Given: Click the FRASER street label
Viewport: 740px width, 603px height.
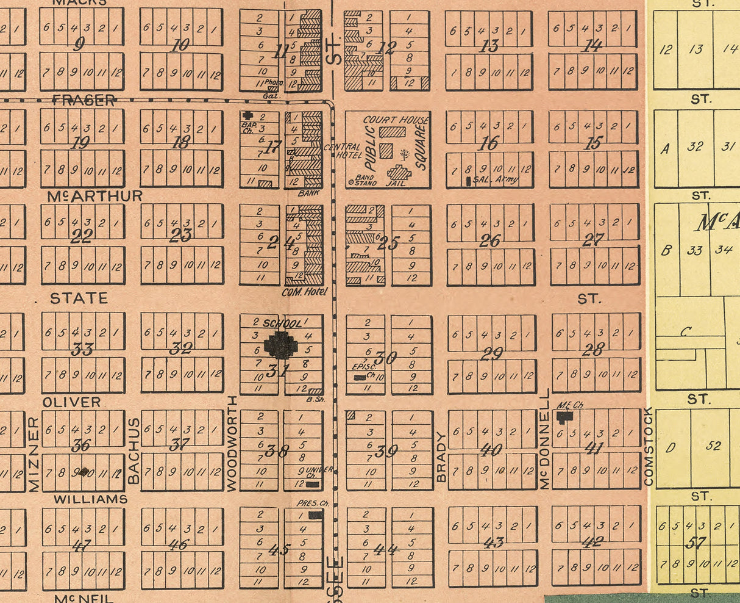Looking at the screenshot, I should (84, 101).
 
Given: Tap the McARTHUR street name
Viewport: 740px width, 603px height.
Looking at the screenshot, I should (94, 196).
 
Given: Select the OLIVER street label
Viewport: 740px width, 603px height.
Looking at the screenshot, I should (71, 402).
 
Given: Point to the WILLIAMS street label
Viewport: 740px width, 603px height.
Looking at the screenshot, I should (90, 499).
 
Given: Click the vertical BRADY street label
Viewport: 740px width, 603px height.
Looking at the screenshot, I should (441, 457).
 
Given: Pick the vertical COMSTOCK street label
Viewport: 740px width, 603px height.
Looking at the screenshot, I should (648, 447).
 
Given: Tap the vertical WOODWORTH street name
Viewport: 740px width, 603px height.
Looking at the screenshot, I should (232, 443).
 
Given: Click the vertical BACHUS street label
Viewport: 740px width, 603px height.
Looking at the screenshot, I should (133, 451).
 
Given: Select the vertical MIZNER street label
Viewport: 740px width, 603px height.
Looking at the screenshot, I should (34, 454).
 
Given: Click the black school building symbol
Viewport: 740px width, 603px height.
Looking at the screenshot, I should (281, 345).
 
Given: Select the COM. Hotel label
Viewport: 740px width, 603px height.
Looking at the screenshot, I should (304, 292).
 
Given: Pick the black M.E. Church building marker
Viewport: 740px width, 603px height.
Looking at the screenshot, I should (565, 416).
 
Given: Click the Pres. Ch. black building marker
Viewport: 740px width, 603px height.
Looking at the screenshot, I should (315, 515).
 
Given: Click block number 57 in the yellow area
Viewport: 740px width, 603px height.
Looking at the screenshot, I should (695, 543).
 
